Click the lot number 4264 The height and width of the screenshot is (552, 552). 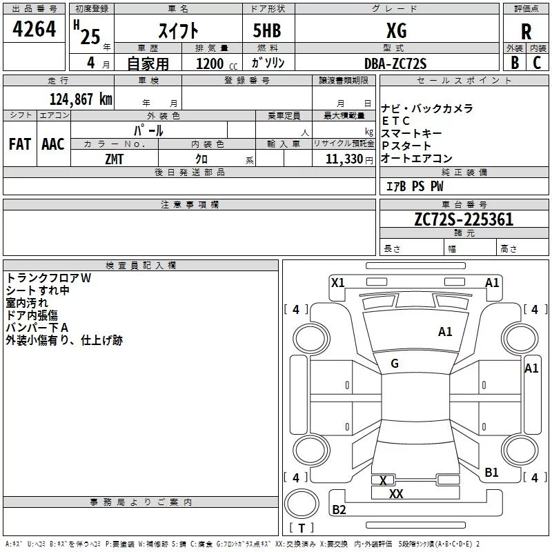34,31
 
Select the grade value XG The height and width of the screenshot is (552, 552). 396,31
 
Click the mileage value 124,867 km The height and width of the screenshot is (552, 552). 81,99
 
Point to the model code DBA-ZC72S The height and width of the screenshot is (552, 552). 395,63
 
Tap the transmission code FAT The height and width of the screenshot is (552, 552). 19,144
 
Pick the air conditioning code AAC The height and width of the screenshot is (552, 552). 53,144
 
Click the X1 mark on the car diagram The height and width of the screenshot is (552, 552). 338,282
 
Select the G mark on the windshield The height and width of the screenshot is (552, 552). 395,364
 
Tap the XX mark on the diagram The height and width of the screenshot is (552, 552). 396,494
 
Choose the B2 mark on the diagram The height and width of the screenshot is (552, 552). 339,510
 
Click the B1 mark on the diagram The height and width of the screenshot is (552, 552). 491,472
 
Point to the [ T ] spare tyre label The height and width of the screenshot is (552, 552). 301,529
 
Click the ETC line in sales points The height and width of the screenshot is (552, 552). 396,121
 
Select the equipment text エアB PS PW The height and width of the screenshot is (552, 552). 415,186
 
